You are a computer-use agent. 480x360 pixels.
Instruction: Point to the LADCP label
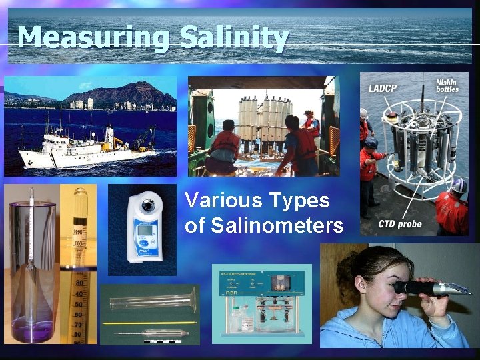pos(383,88)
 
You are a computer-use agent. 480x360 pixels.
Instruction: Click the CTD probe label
pos(399,224)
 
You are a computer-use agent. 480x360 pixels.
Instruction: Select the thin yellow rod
pos(149,323)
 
